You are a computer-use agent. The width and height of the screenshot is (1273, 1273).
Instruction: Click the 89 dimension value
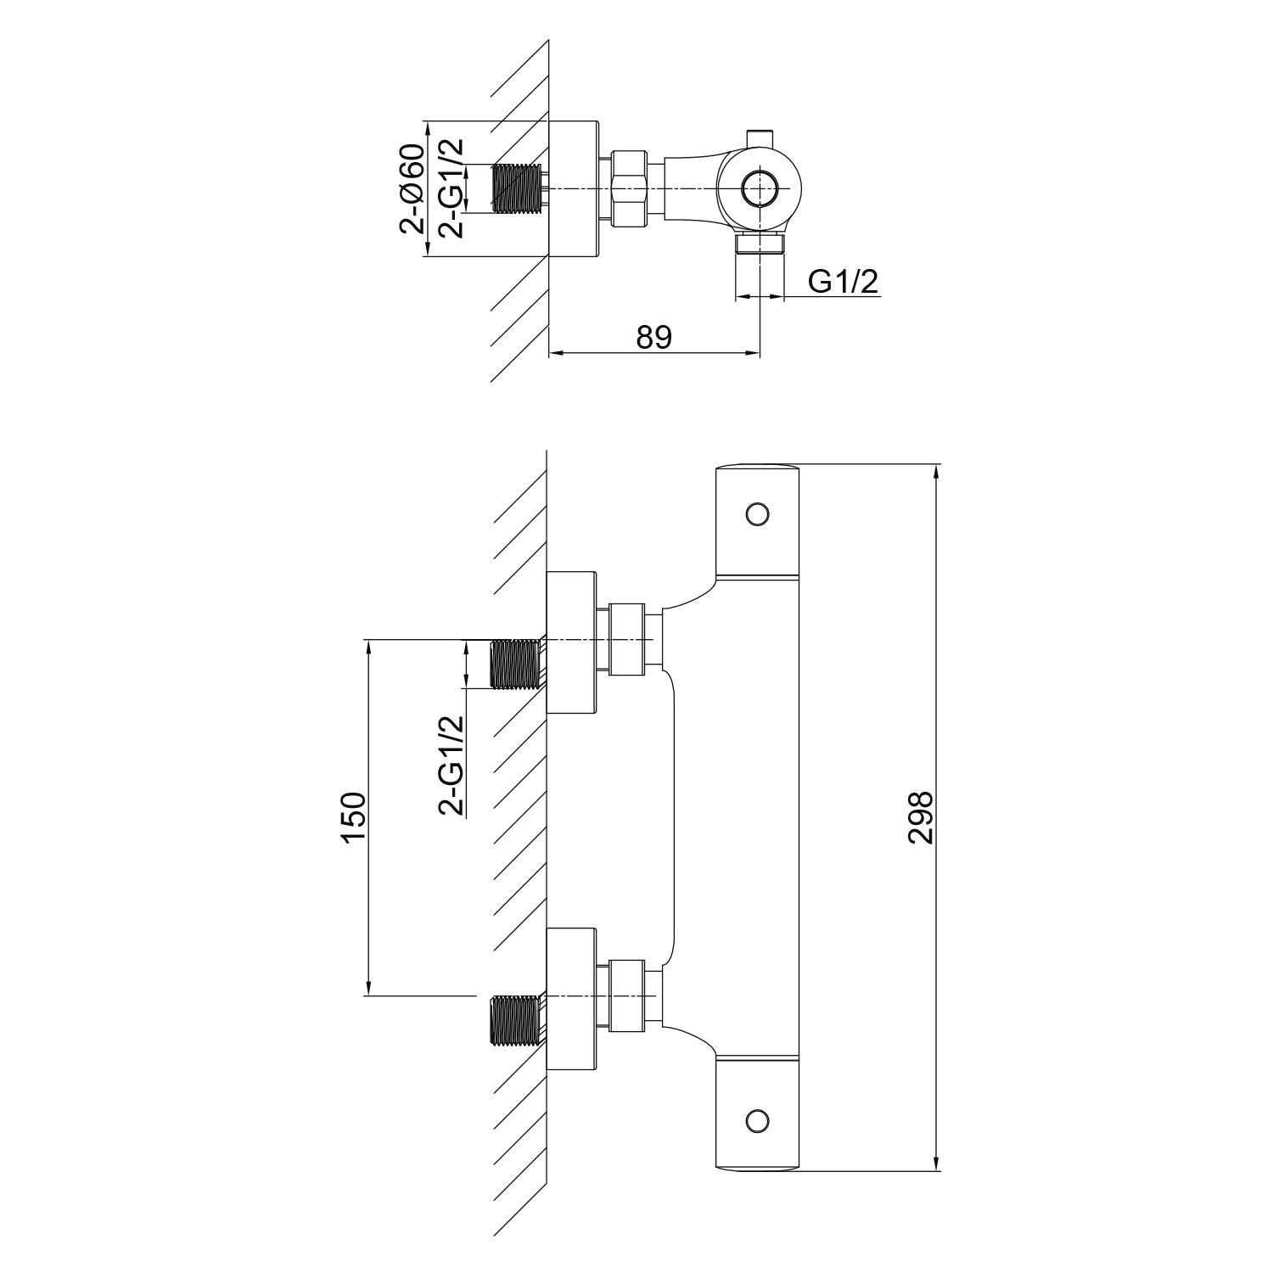point(654,337)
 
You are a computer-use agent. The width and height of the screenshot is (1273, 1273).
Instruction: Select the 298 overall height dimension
point(921,817)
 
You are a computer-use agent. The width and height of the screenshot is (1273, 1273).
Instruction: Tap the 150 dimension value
point(352,818)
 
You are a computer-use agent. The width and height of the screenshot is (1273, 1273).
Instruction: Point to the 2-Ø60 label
point(412,188)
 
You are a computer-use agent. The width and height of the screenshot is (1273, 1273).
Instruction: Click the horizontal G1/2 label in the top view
point(843,281)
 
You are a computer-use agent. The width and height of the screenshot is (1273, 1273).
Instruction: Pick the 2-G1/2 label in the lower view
point(451,765)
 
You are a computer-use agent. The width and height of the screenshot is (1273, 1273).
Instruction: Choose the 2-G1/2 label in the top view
point(451,188)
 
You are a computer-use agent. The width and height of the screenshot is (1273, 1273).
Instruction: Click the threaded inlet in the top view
point(518,188)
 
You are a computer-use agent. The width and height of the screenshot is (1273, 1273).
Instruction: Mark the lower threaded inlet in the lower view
point(518,1020)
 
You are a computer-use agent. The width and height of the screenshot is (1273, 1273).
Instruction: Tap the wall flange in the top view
point(573,188)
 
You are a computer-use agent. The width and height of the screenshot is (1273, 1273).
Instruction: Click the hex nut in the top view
point(629,188)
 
